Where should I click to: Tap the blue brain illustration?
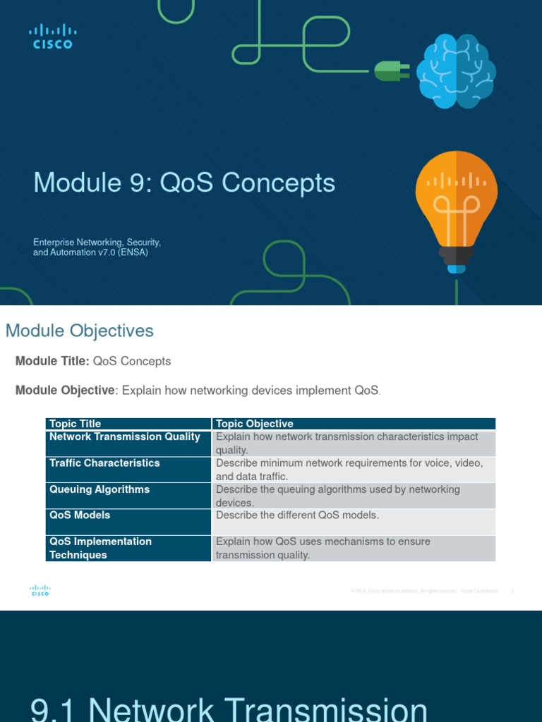(x=455, y=73)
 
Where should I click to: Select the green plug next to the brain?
(x=387, y=71)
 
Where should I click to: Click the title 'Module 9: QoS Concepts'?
(x=184, y=183)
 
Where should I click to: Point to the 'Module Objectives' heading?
(x=79, y=331)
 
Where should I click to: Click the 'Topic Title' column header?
(x=75, y=424)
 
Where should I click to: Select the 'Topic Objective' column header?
(x=255, y=424)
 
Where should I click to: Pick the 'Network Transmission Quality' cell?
(x=125, y=437)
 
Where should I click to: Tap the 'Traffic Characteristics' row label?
(x=104, y=463)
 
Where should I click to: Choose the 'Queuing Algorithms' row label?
(x=100, y=489)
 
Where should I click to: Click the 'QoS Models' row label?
(x=80, y=515)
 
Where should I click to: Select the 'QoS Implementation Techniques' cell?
(x=100, y=548)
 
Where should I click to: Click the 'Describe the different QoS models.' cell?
(x=297, y=515)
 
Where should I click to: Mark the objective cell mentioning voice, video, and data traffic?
(x=349, y=470)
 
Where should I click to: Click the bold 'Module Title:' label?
(x=52, y=361)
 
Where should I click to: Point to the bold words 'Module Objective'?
(x=65, y=390)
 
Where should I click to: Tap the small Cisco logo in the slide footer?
(x=40, y=591)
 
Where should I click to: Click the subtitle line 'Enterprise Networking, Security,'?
(x=97, y=243)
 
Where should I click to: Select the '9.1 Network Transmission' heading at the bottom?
(x=229, y=709)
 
